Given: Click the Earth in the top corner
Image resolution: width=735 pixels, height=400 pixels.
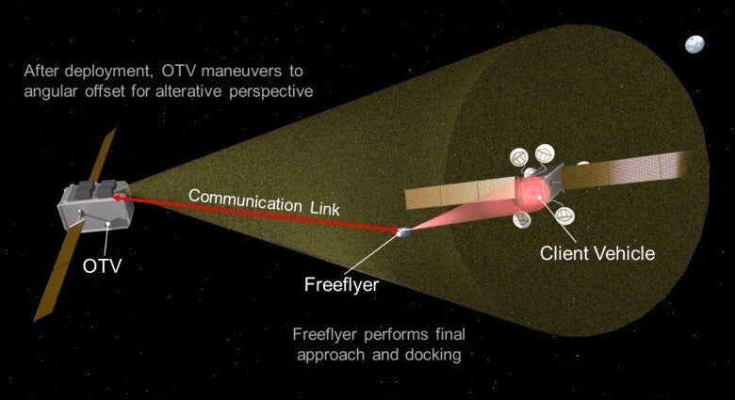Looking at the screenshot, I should coord(694,43).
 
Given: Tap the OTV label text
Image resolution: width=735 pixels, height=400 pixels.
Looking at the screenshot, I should coord(102,266).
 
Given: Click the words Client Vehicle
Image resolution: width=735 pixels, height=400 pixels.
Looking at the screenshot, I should coord(596,252).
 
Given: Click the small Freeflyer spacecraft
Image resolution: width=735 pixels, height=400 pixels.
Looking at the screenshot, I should coord(402,231).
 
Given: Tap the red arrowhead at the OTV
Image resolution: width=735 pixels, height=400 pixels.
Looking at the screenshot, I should coord(121,199).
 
